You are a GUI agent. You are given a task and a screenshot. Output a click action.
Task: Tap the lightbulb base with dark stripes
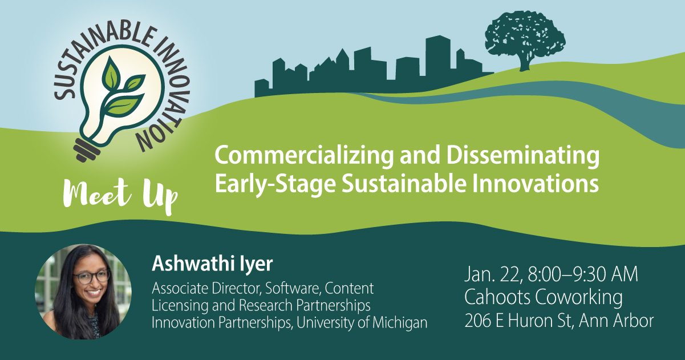[x=87, y=150]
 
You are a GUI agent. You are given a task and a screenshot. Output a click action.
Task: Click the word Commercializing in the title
[x=304, y=156]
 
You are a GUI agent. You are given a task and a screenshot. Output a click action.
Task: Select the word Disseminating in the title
[x=522, y=156]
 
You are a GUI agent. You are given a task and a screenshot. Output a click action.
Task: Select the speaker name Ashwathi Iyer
[x=212, y=264]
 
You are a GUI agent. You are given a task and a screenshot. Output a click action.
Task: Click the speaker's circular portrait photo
[x=83, y=292]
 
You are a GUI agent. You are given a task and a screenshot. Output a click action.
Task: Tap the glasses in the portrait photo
[x=92, y=277]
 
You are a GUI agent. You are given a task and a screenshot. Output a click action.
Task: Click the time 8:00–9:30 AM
[x=583, y=274]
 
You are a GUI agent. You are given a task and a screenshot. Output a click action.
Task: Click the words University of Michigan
[x=362, y=323]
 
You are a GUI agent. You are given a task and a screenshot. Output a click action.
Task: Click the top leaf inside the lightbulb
[x=111, y=74]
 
